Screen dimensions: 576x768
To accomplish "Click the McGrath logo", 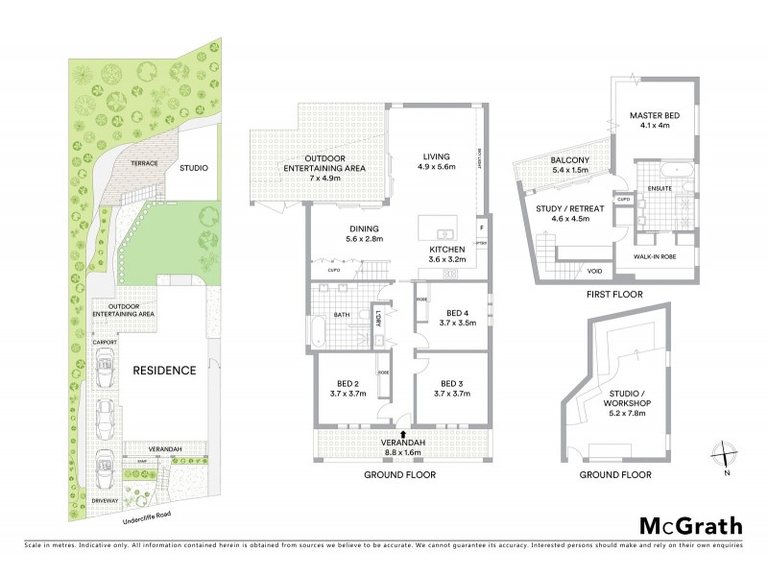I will pos(690,525).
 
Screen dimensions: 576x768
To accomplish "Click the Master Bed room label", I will pos(656,120).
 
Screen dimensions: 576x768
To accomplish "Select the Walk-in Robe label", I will pos(656,256).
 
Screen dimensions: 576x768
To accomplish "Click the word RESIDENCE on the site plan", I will pos(164,370).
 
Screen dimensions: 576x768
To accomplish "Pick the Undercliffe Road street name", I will pos(148,519).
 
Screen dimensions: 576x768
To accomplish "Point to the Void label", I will pos(595,272).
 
